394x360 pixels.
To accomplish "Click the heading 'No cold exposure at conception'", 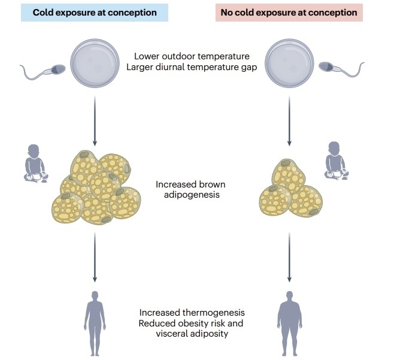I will pyautogui.click(x=289, y=13).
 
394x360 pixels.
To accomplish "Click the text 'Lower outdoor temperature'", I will pyautogui.click(x=192, y=56).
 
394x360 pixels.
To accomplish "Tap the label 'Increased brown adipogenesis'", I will pyautogui.click(x=190, y=189).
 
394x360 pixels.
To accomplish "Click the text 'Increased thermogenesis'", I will pyautogui.click(x=192, y=313).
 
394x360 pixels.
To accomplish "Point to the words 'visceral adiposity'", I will pyautogui.click(x=192, y=333).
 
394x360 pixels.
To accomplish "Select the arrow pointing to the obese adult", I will pyautogui.click(x=290, y=258).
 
